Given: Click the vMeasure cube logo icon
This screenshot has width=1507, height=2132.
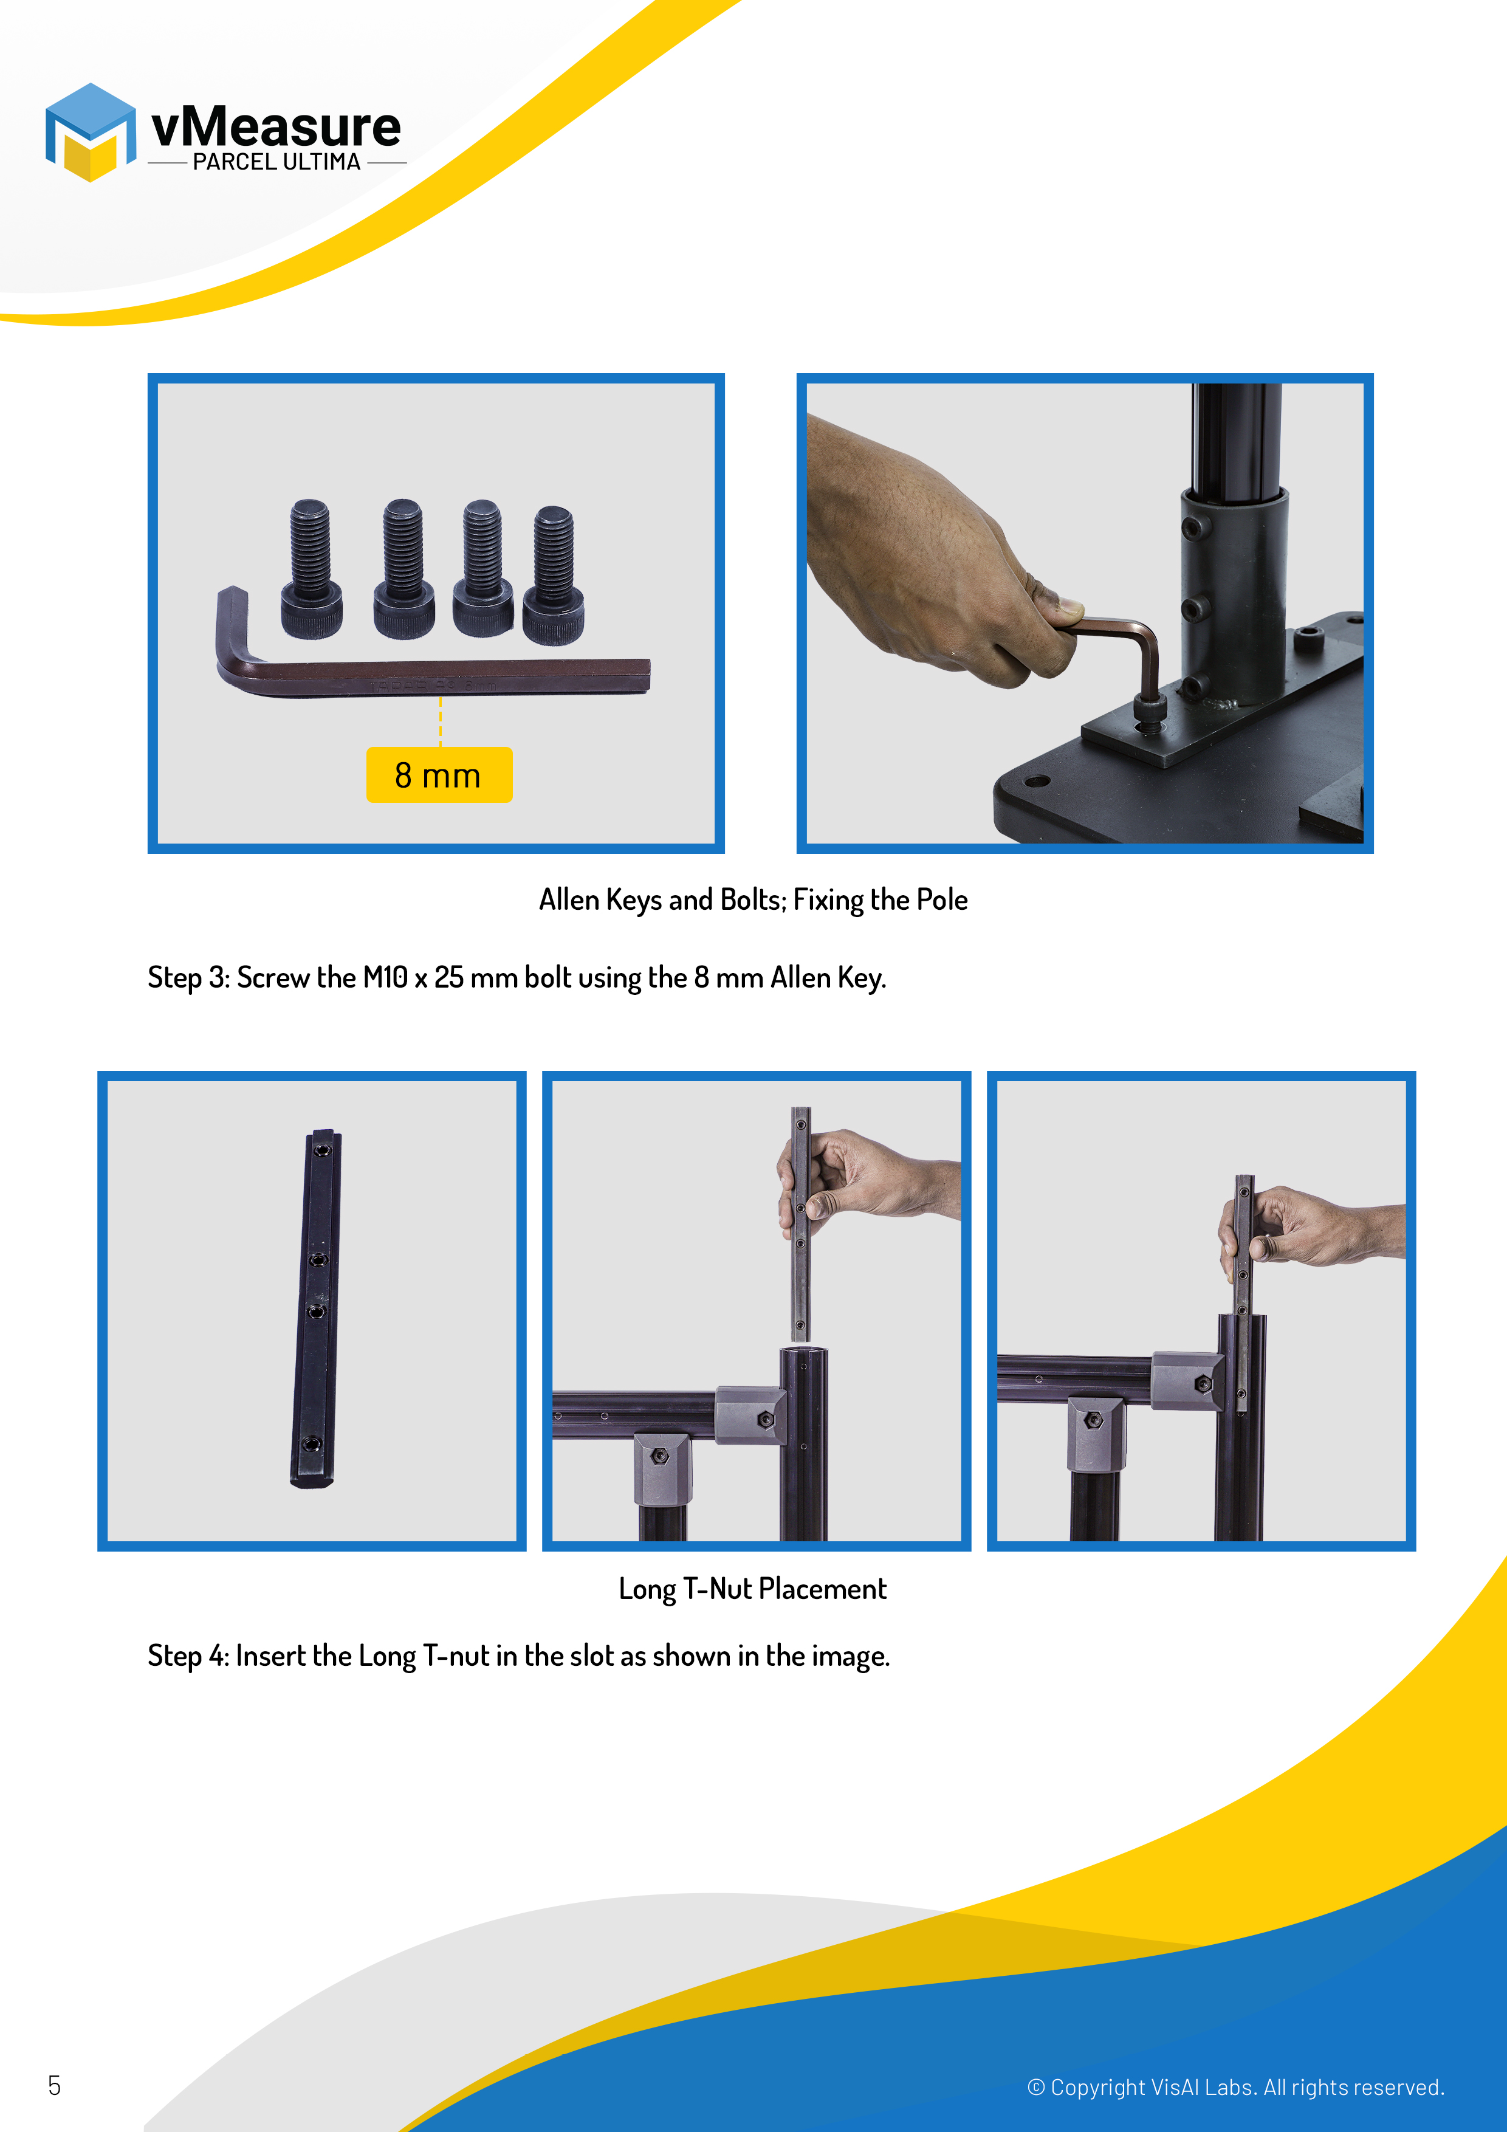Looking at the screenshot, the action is (90, 132).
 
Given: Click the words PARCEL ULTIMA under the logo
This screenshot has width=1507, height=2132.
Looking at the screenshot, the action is (276, 162).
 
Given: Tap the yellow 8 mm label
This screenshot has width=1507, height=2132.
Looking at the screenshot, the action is (439, 774).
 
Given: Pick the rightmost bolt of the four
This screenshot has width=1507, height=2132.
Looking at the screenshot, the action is (554, 576).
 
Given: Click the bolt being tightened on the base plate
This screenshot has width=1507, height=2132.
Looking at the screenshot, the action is (1150, 712).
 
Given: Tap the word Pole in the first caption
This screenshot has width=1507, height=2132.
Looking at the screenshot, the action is (942, 900).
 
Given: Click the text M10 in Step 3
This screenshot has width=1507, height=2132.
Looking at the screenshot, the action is (385, 978).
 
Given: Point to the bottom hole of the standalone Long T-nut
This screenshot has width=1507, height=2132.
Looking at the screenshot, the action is (311, 1444).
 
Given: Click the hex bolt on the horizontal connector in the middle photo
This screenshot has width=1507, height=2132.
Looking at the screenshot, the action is (765, 1419).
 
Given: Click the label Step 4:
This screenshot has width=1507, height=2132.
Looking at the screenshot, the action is (188, 1656).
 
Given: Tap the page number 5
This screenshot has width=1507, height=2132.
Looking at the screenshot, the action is (54, 2086).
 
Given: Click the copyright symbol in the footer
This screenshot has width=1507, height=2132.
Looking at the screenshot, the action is (1035, 2088).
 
